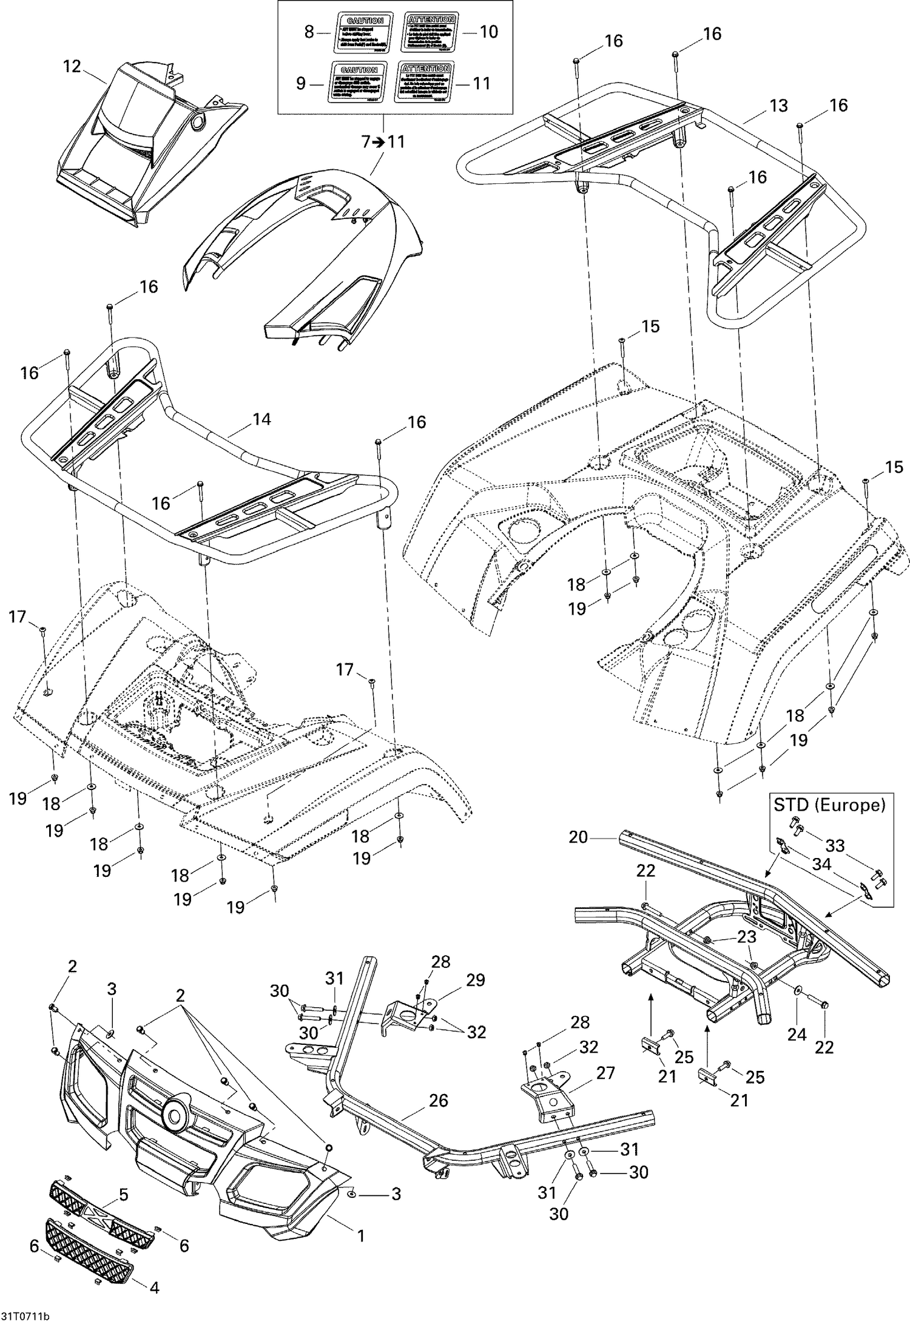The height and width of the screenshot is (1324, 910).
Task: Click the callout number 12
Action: point(72,67)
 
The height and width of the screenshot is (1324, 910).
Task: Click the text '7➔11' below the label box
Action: point(383,141)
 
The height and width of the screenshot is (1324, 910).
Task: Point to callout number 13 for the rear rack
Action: point(778,106)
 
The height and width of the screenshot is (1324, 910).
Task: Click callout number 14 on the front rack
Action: point(261,419)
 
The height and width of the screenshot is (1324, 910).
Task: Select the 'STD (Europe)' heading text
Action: point(829,805)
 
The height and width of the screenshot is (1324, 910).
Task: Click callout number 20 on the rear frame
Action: point(579,837)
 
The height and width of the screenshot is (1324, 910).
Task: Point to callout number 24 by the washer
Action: point(797,1035)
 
